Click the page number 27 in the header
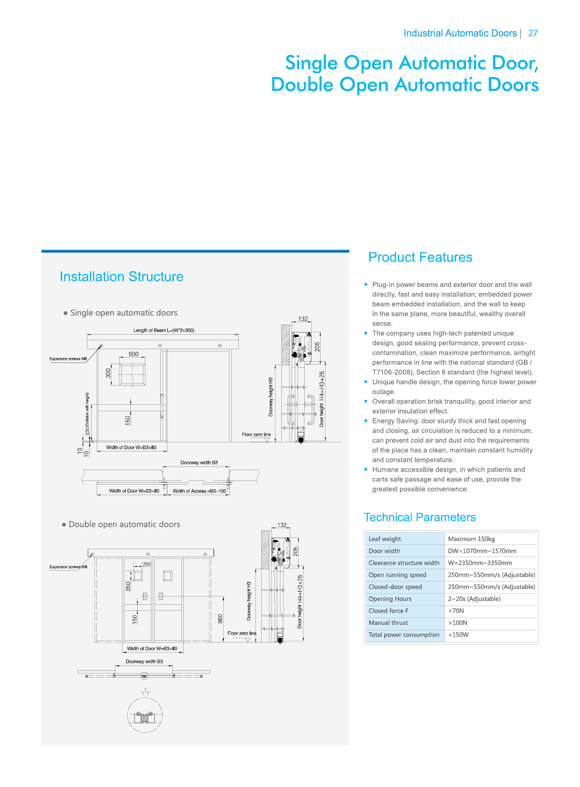[532, 33]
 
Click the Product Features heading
[420, 258]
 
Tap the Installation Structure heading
[122, 277]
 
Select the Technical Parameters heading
[419, 517]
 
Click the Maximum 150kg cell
[471, 539]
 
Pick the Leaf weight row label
[385, 539]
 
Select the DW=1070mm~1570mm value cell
[482, 551]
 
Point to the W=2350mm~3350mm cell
[480, 563]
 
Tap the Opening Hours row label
[390, 599]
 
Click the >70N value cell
[456, 611]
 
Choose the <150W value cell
[458, 635]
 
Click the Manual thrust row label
[388, 623]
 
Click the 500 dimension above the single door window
[134, 354]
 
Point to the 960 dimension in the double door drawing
[220, 618]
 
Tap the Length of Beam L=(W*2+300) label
[164, 330]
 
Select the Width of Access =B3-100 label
[199, 491]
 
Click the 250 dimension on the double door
[147, 564]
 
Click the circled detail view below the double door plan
[145, 716]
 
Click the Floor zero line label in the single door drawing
[256, 435]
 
